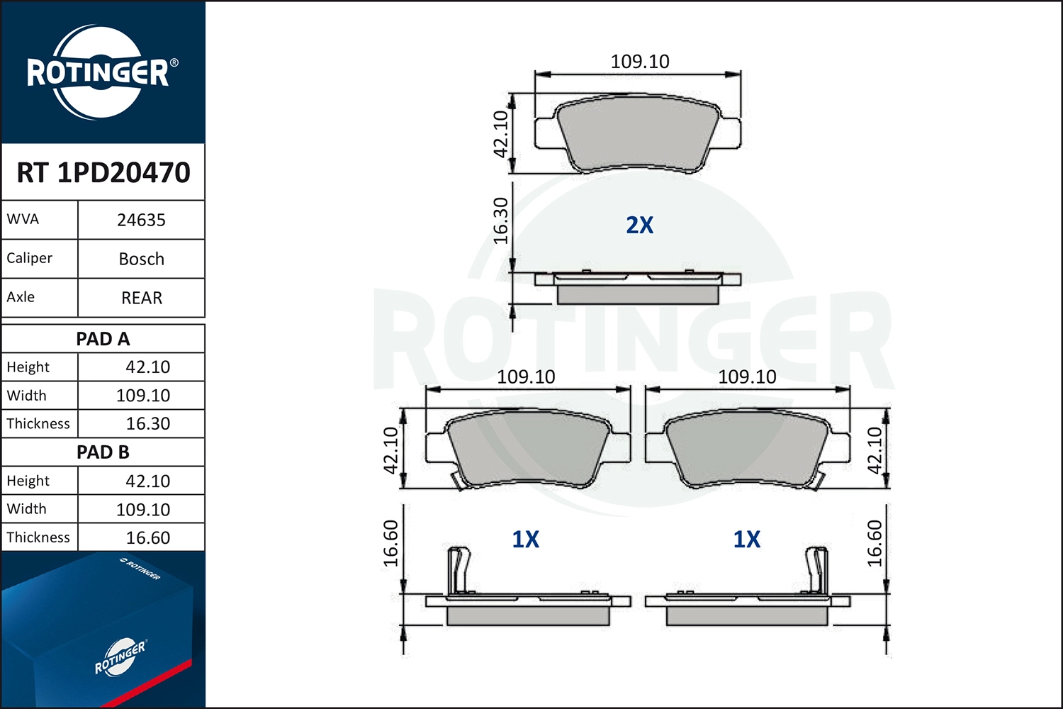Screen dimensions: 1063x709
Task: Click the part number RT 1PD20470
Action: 103,172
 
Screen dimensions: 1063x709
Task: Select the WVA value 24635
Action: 142,220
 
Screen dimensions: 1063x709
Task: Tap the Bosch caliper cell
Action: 142,259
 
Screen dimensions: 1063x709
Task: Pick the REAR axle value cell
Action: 142,298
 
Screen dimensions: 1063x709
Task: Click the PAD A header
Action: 103,339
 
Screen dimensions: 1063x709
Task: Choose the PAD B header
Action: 103,452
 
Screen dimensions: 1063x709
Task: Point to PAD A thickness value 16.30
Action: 147,423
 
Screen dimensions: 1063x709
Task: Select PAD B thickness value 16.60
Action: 147,537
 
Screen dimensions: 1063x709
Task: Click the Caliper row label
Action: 30,258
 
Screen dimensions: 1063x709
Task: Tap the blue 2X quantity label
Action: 640,225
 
